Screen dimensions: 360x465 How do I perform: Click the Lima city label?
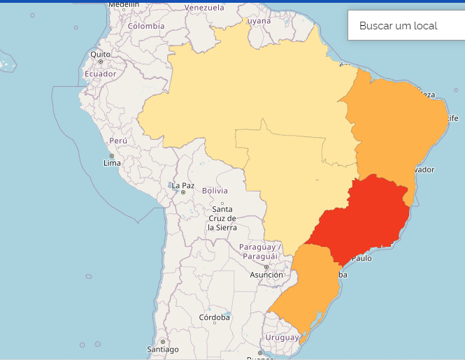click(112, 164)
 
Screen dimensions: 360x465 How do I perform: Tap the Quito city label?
click(100, 54)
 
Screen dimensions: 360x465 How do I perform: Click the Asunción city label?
click(266, 275)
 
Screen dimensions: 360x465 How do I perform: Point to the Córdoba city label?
click(214, 317)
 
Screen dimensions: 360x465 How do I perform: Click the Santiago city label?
click(163, 349)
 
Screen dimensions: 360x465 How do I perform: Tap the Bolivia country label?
click(215, 191)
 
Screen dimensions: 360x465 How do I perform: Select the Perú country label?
click(118, 141)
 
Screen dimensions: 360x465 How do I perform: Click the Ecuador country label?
click(100, 73)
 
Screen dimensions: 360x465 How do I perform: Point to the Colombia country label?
click(145, 26)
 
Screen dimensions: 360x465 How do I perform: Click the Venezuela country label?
click(204, 8)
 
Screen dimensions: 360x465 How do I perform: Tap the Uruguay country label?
click(281, 338)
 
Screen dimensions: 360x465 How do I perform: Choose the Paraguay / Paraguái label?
click(259, 252)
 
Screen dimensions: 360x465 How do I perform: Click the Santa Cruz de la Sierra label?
click(222, 218)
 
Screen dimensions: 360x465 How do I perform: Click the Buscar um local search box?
click(406, 26)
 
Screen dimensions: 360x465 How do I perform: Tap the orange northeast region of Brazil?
click(395, 126)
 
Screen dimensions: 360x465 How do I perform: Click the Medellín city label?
click(124, 3)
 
